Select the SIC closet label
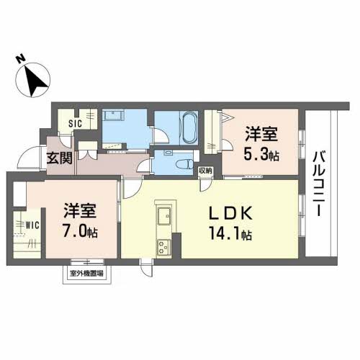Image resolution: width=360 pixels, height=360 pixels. (74, 123)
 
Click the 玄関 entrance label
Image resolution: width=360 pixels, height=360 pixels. (59, 158)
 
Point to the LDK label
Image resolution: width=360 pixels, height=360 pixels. (230, 213)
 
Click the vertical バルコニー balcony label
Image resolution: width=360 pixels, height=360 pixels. (318, 181)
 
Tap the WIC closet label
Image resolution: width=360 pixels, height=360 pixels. (32, 225)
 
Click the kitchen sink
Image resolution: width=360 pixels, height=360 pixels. (163, 215)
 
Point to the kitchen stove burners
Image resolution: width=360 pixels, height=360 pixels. (162, 246)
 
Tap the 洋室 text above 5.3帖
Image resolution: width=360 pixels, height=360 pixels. (261, 134)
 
